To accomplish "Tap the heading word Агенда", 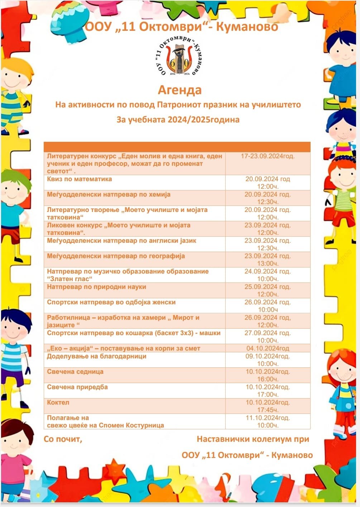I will (x=180, y=90).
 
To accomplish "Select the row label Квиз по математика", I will (x=80, y=179).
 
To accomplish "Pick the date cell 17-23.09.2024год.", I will (x=268, y=156).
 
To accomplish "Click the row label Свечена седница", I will (x=75, y=372).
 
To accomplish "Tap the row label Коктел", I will (x=58, y=402).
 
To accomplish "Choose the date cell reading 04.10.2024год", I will (x=268, y=348).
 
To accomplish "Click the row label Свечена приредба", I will (x=77, y=387).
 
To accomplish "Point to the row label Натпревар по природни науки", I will (x=97, y=287).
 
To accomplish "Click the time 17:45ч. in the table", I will (x=268, y=410).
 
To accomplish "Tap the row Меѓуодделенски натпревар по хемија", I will (x=109, y=195).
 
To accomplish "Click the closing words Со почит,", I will (x=63, y=439).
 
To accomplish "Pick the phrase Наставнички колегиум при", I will (x=253, y=439).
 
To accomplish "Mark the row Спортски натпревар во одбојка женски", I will (x=111, y=302).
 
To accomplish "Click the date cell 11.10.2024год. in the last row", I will (x=268, y=418).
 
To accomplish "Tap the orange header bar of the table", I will (x=177, y=147).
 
